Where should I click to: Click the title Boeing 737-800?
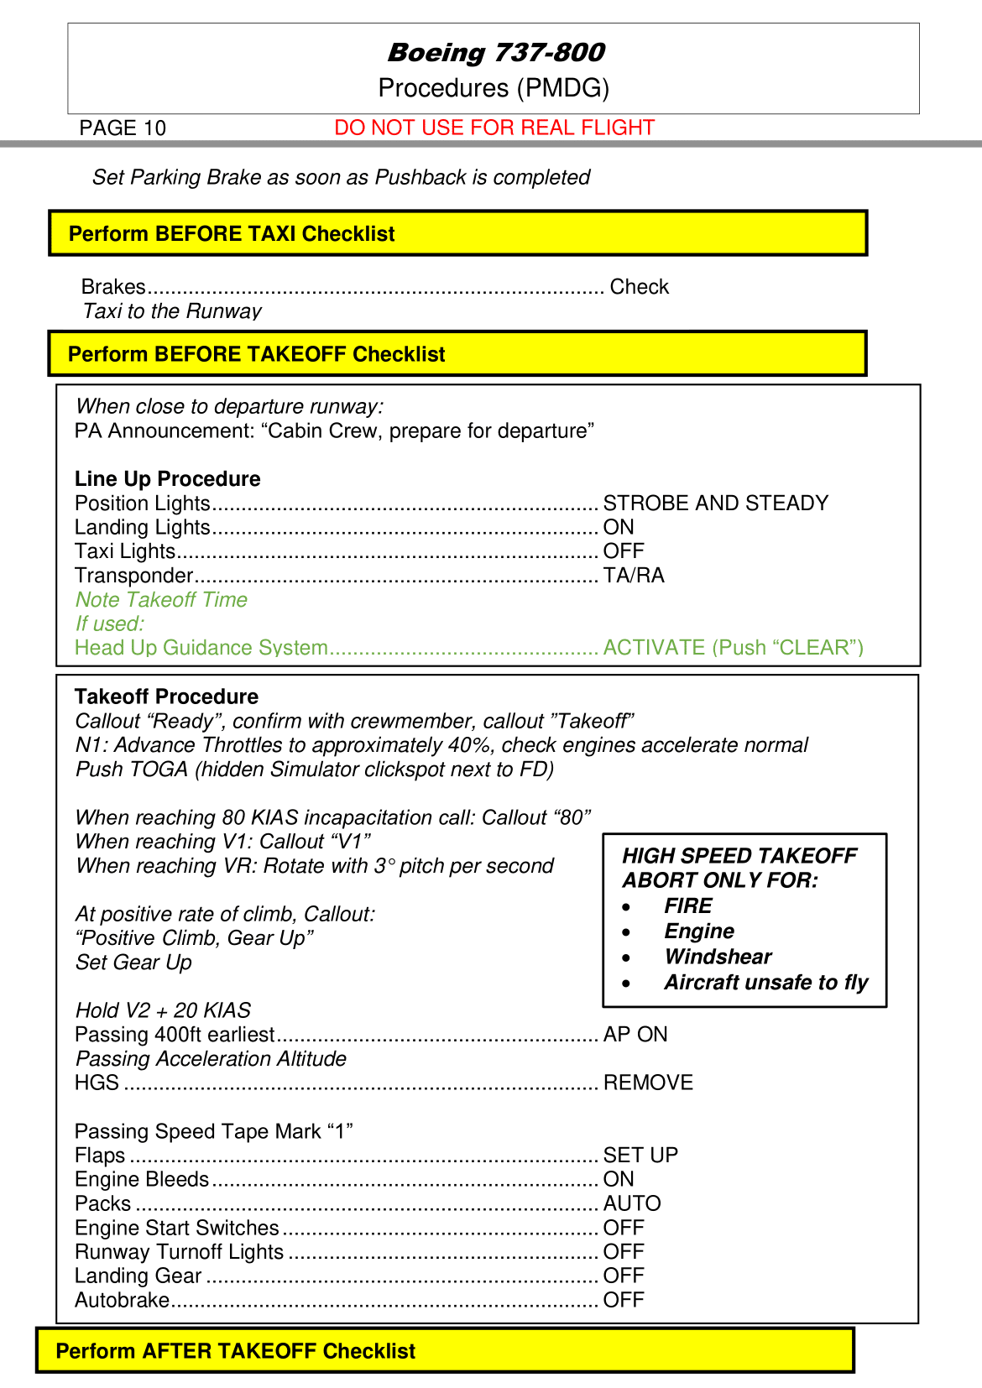[495, 52]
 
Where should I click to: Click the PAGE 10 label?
[123, 128]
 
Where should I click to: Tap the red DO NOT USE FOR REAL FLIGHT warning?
[494, 128]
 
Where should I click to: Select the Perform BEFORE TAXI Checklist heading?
[232, 233]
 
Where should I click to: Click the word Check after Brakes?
[639, 287]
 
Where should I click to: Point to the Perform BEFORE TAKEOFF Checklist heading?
[256, 354]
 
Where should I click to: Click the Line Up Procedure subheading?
[168, 478]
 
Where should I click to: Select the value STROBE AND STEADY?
[715, 503]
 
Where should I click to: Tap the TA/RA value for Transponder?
[634, 576]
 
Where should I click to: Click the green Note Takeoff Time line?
[161, 599]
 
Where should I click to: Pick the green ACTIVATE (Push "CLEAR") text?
[733, 648]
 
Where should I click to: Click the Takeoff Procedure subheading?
[166, 697]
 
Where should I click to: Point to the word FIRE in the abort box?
[687, 905]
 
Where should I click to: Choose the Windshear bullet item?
[718, 957]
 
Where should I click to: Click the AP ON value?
[635, 1035]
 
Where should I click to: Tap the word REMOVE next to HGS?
[648, 1083]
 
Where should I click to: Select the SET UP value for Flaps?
[640, 1156]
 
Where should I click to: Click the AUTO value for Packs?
[632, 1203]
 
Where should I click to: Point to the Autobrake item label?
[122, 1300]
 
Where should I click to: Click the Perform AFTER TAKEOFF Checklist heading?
[235, 1351]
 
